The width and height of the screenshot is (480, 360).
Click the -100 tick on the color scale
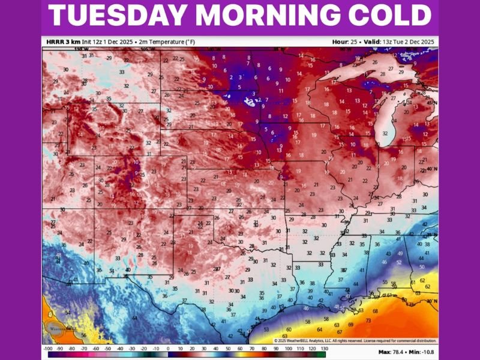click(47, 349)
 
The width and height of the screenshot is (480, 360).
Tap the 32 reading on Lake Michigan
click(385, 133)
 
